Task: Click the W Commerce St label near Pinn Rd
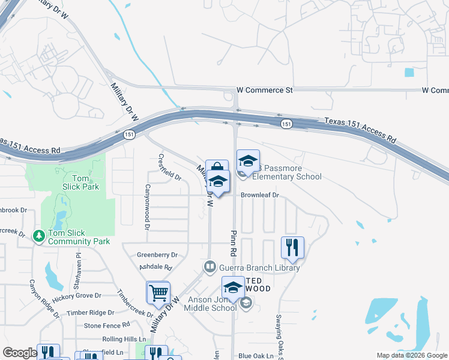click(x=264, y=90)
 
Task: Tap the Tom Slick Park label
click(x=80, y=182)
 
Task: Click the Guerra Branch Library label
click(x=258, y=268)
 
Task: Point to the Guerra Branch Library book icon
click(x=209, y=266)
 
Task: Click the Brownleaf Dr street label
click(x=260, y=195)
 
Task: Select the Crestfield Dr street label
click(x=169, y=167)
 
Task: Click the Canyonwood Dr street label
click(x=146, y=207)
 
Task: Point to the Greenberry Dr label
click(x=157, y=255)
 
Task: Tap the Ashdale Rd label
click(x=155, y=267)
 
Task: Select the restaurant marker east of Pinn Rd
click(x=292, y=248)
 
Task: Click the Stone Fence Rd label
click(x=107, y=325)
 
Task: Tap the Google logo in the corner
click(x=20, y=353)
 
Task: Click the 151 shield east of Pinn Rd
click(x=286, y=124)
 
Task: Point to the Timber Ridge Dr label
click(x=90, y=313)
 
